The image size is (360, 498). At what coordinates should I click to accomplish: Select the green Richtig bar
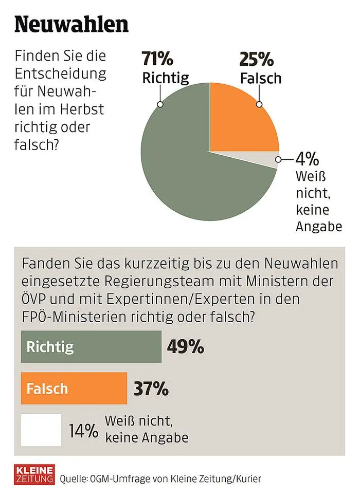tap(91, 346)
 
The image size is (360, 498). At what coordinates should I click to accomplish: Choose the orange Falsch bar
tap(74, 388)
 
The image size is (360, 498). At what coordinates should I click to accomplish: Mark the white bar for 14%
tap(41, 429)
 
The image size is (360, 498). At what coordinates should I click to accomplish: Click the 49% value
tap(186, 347)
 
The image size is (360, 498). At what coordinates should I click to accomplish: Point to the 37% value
tap(151, 389)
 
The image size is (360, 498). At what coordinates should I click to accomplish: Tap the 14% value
tap(83, 430)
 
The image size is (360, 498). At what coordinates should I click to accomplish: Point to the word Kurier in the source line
tap(248, 479)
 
